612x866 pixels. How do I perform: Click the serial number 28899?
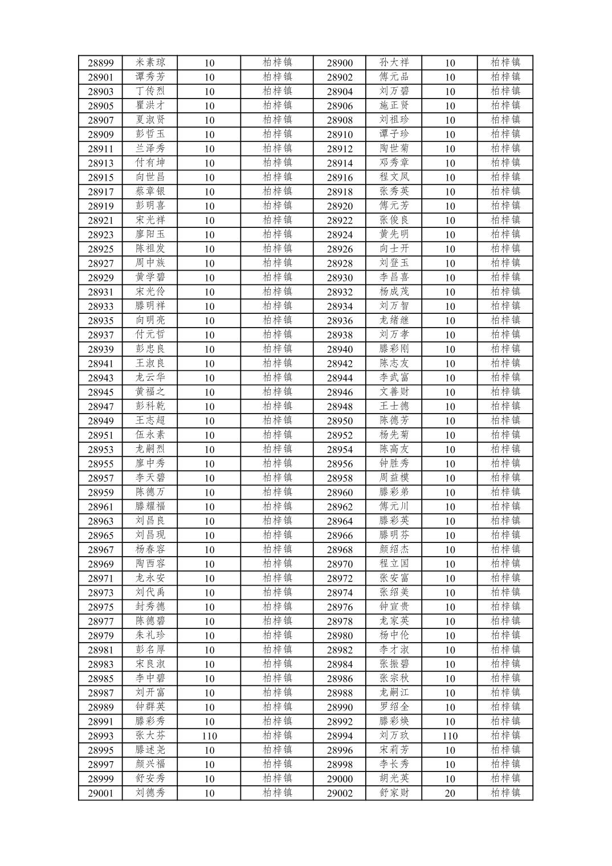(x=100, y=63)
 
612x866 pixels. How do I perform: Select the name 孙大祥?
(x=394, y=63)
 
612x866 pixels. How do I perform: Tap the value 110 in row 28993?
(x=209, y=736)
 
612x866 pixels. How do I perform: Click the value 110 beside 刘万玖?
(x=450, y=736)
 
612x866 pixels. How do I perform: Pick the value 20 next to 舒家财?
(x=450, y=793)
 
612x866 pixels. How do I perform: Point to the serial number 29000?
(x=340, y=779)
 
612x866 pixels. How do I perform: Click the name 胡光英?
(x=394, y=778)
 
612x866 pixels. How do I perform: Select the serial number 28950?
(x=340, y=421)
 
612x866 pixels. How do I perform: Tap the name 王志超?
(x=150, y=420)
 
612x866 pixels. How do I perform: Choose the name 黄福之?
(x=150, y=392)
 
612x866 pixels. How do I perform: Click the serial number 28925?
(x=100, y=249)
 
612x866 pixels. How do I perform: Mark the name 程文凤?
(x=394, y=177)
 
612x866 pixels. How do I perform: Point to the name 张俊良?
(x=394, y=220)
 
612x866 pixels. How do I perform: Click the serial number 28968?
(x=340, y=550)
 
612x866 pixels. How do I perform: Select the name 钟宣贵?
(x=394, y=607)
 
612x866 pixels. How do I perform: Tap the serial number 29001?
(x=100, y=793)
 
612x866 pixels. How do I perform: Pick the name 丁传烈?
(x=150, y=91)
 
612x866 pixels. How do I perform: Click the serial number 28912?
(x=340, y=149)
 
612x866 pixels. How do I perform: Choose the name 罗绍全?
(x=394, y=707)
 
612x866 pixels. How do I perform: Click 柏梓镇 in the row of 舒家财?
(x=505, y=793)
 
